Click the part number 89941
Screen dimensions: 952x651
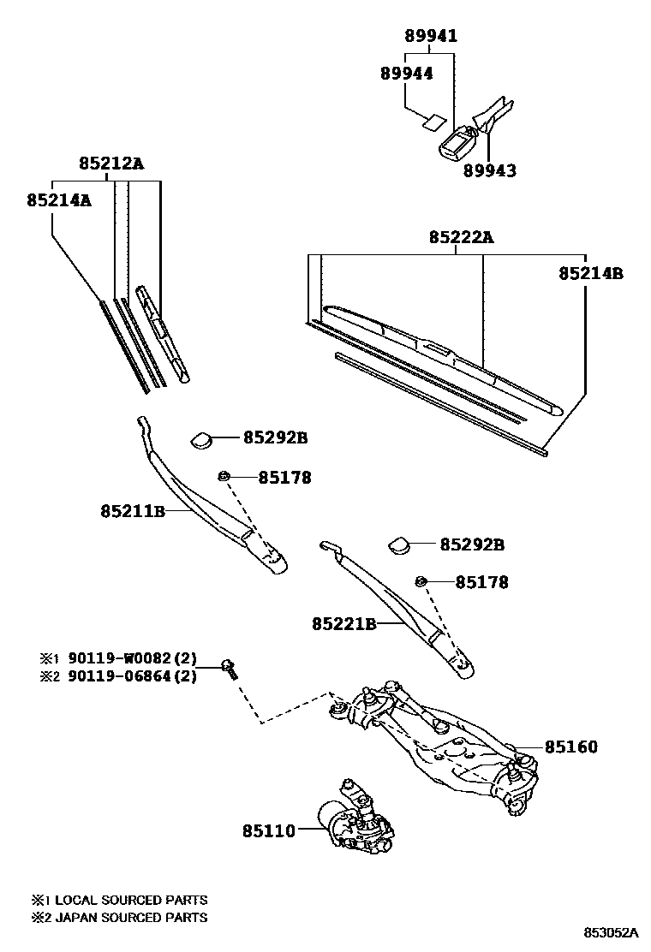coord(431,36)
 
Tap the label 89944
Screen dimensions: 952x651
coord(406,74)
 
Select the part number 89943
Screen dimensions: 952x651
coord(490,170)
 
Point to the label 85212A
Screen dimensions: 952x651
coord(111,164)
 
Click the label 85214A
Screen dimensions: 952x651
coord(58,199)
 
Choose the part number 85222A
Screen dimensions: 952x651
coord(461,237)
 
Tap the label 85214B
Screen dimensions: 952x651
coord(590,274)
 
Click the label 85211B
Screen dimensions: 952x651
coord(132,511)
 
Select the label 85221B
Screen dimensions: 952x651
coord(344,624)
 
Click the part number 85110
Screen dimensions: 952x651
coord(268,830)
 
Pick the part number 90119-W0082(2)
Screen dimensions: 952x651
coord(128,659)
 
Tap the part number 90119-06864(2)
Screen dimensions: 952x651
coord(128,676)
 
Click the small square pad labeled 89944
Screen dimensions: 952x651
coord(435,121)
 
